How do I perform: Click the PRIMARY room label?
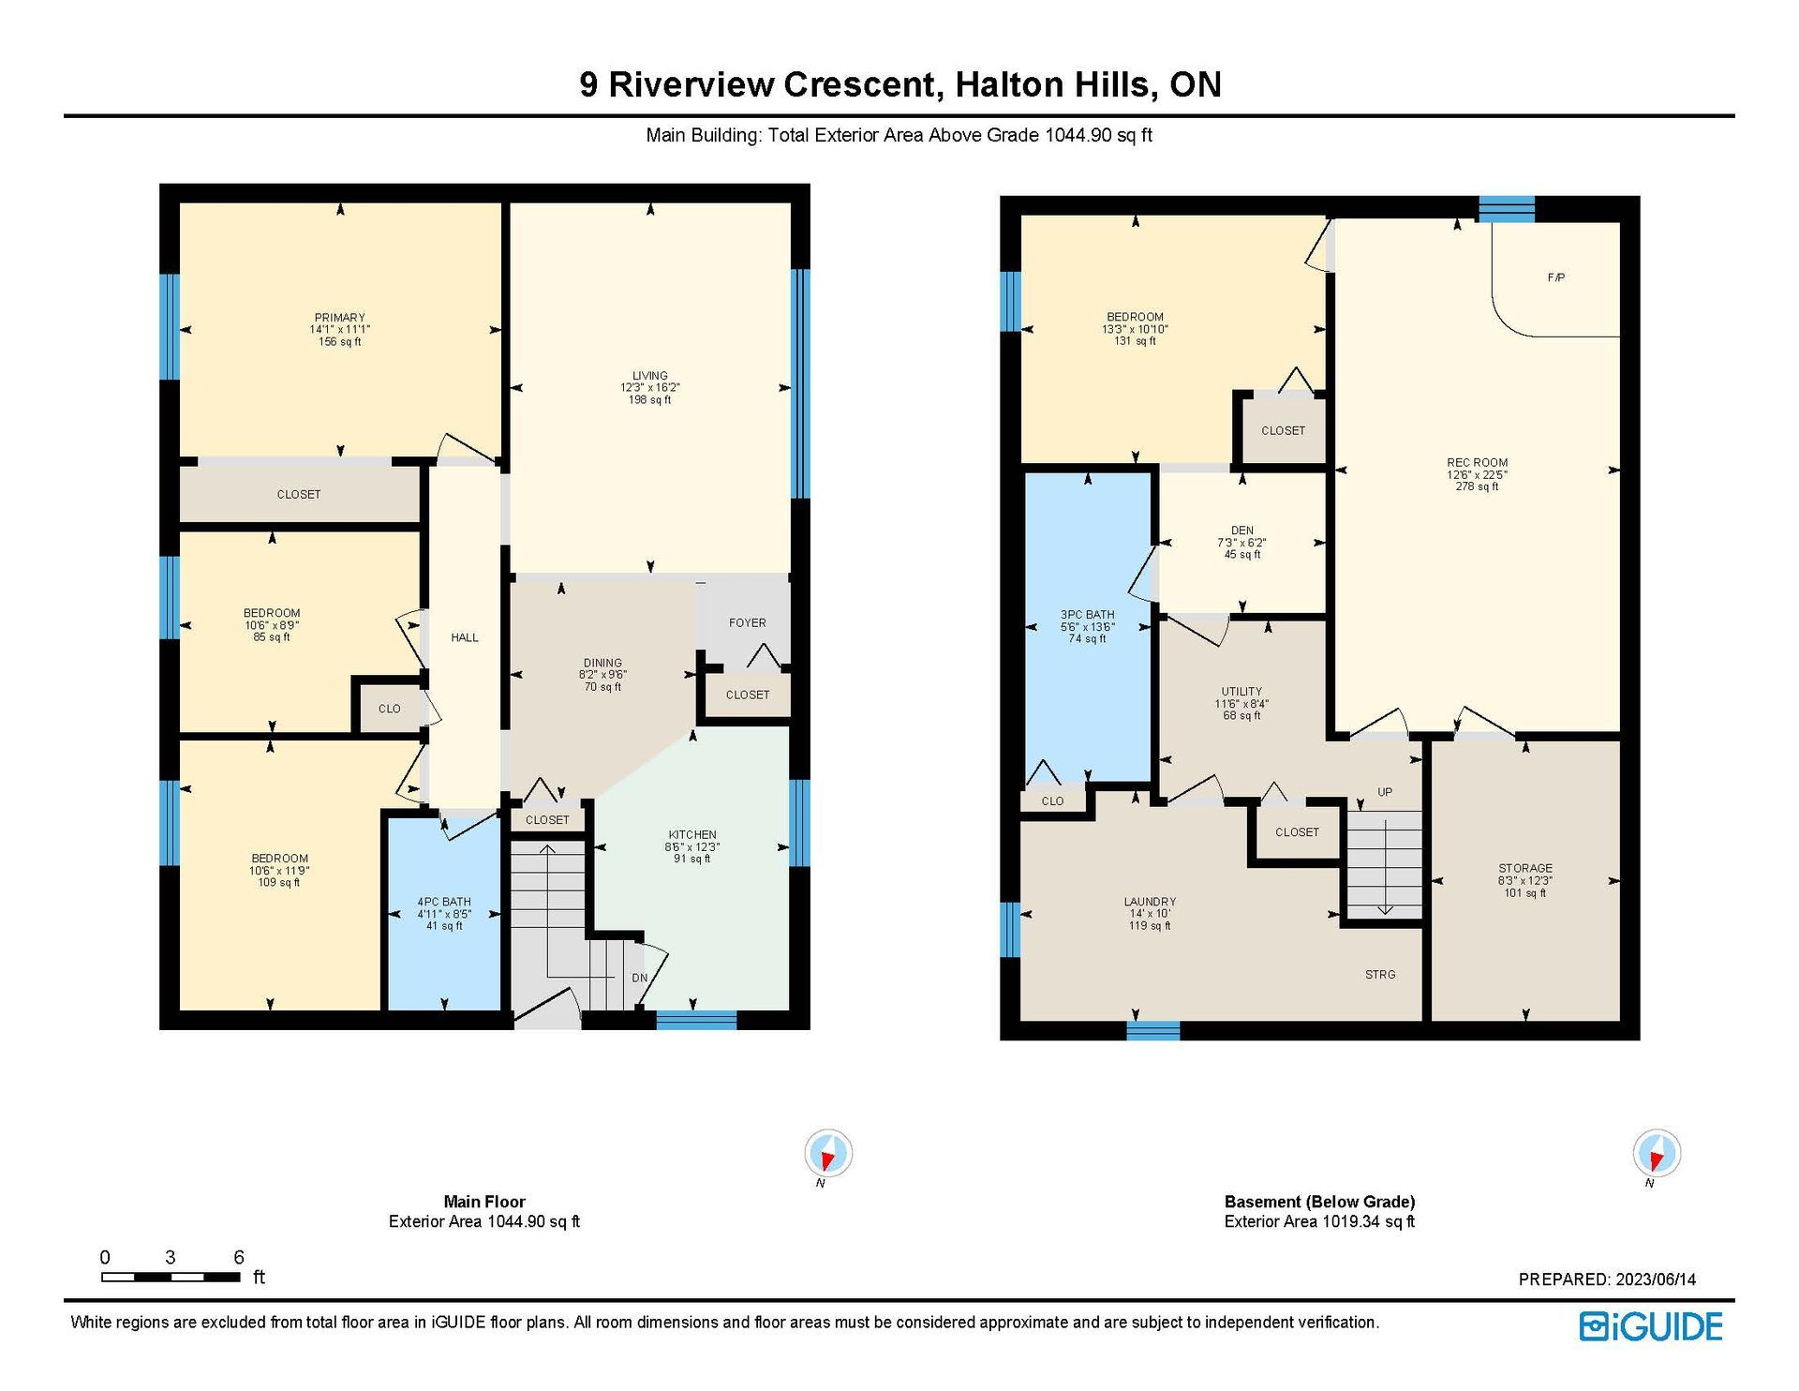[x=339, y=318]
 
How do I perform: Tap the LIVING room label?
[x=649, y=376]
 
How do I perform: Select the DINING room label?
[x=602, y=663]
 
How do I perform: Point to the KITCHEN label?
[x=692, y=834]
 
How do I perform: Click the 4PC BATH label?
[x=444, y=902]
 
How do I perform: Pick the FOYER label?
[x=747, y=622]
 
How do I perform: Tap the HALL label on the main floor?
[x=465, y=637]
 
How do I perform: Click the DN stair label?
[x=640, y=978]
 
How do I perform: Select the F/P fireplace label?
[x=1555, y=277]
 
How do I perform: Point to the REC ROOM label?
[x=1477, y=462]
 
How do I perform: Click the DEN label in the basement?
[x=1242, y=531]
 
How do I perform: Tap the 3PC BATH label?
[x=1087, y=615]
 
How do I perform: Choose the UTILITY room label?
[x=1241, y=691]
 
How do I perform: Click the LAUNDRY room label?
[x=1150, y=902]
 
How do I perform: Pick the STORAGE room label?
[x=1525, y=868]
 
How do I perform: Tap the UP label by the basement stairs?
[x=1385, y=792]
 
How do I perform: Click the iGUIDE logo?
[x=1651, y=1326]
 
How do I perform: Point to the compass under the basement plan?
[x=1657, y=1153]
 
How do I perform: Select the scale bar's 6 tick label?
[x=239, y=1257]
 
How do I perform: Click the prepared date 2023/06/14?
[x=1655, y=1279]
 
